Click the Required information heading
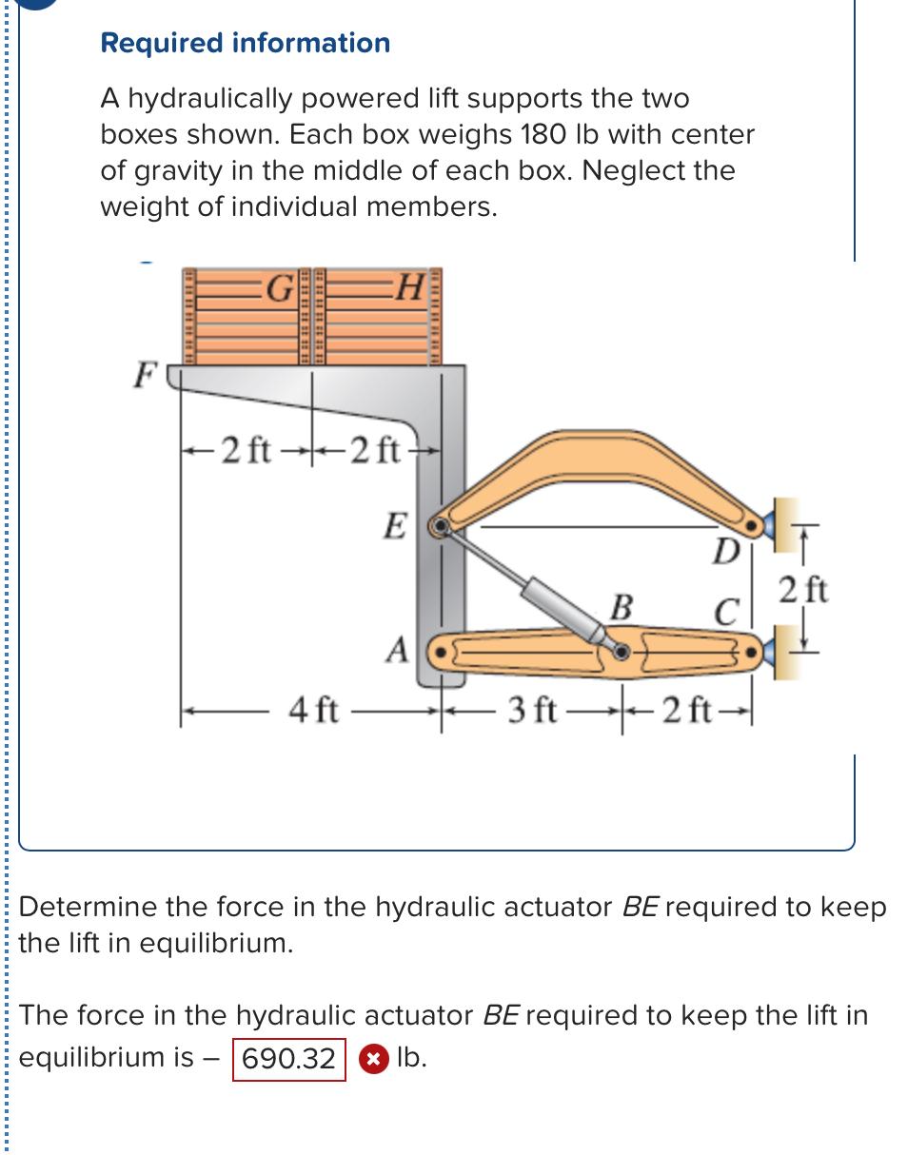click(245, 43)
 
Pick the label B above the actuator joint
click(621, 606)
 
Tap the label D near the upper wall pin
click(726, 550)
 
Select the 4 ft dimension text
click(313, 711)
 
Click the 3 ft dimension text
click(535, 711)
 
